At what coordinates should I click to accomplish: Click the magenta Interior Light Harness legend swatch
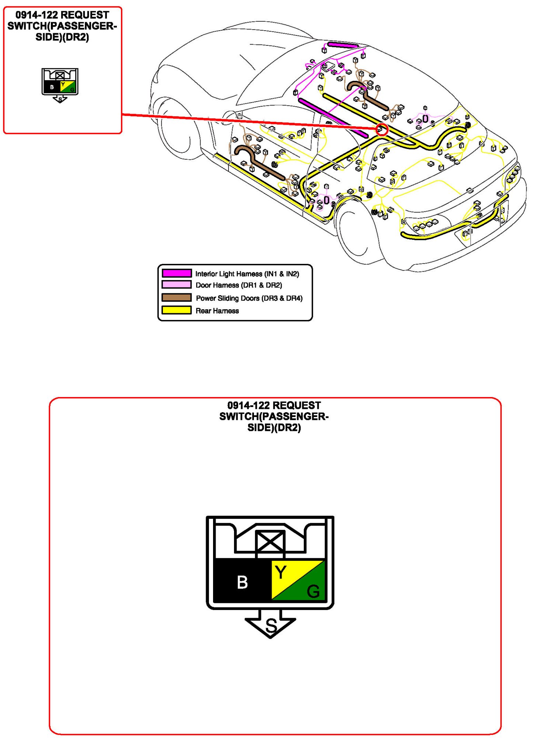pos(177,273)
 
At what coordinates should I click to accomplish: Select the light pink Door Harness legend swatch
pos(177,284)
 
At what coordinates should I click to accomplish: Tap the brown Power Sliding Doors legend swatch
pos(177,297)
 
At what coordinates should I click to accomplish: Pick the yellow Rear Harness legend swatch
pos(177,310)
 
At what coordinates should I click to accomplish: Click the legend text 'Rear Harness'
pos(217,311)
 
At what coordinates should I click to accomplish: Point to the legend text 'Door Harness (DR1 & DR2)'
pos(238,285)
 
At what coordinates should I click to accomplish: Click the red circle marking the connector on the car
pos(382,130)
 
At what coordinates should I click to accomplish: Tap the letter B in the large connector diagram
pos(242,582)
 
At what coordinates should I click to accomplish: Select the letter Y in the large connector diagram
pos(281,572)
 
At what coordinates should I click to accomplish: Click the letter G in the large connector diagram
pos(313,592)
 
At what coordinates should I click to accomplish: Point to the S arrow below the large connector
pos(271,625)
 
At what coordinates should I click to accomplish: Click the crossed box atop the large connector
pos(270,542)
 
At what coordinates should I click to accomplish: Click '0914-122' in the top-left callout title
pos(36,15)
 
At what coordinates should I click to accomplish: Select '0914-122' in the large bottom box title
pos(248,405)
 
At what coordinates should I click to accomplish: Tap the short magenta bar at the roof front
pos(342,45)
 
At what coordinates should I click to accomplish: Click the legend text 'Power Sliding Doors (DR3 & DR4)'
pos(249,298)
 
